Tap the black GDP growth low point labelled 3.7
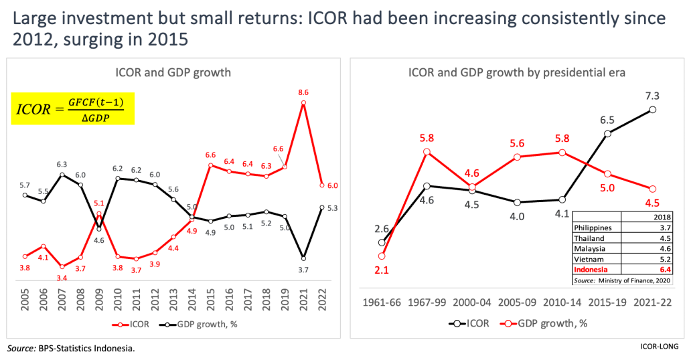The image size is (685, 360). coord(304,258)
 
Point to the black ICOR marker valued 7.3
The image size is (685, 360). coord(653,109)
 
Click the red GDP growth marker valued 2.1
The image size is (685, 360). coord(382,256)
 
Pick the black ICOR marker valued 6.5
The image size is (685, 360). coord(608,134)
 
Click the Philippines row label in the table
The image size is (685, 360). coord(593,228)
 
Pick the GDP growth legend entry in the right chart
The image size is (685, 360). coord(546,323)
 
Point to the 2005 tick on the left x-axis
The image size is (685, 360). coord(25,298)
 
